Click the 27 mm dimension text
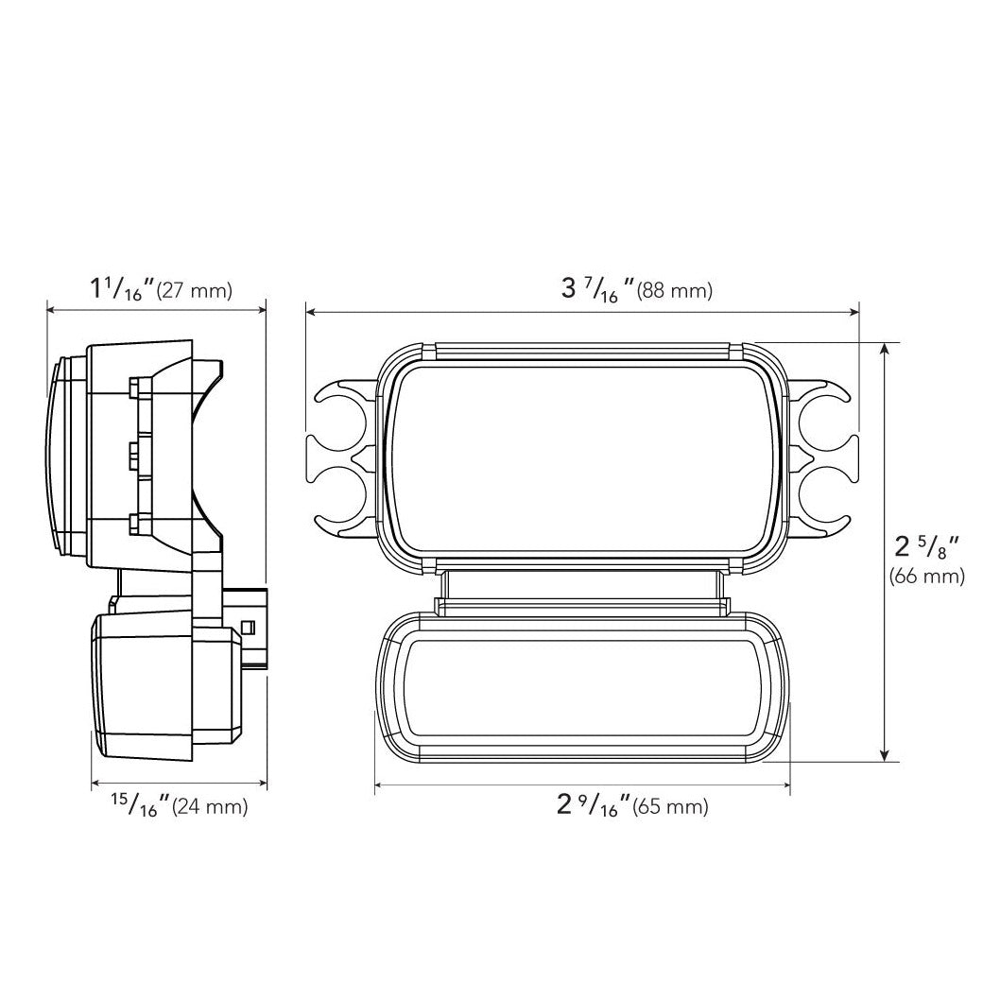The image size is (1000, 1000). pos(195,291)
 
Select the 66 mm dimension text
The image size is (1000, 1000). pos(926,577)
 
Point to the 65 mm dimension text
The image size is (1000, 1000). pos(670,807)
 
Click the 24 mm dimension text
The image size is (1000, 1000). pos(209,807)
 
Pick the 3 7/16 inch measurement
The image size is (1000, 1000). pos(597,290)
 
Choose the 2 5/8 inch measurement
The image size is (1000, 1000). pos(927,548)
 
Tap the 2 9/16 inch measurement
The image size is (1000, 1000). pos(594,806)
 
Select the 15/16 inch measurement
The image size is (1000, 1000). pos(140,806)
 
